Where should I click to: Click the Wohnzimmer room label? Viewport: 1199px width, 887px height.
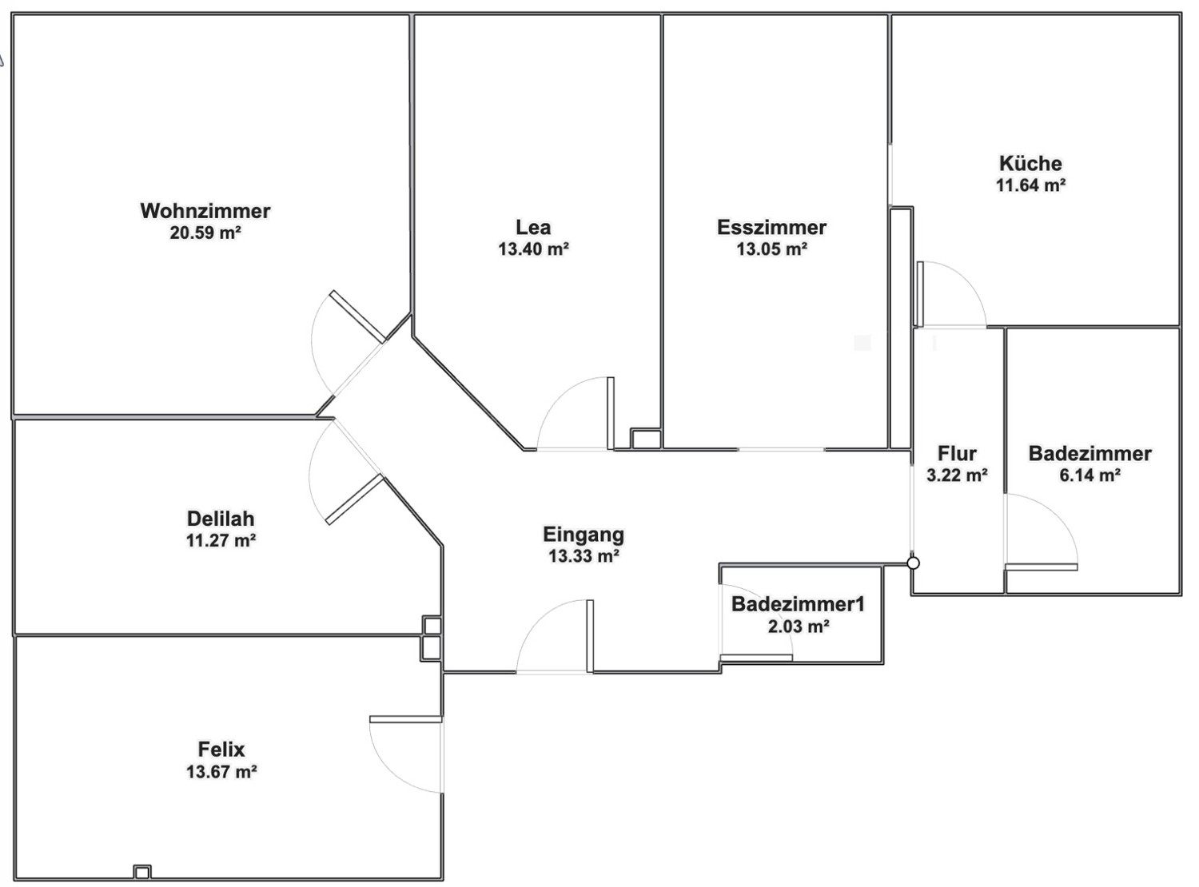[205, 211]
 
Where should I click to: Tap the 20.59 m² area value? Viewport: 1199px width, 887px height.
[205, 233]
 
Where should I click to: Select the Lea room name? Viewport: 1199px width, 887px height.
[533, 227]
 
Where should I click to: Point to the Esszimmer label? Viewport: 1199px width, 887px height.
[771, 227]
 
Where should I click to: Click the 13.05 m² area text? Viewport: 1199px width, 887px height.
[771, 249]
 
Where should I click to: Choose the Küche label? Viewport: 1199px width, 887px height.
[1030, 164]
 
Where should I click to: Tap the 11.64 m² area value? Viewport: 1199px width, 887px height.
[1030, 185]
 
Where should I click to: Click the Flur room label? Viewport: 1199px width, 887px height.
[957, 454]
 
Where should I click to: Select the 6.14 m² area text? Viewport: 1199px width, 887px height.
[1089, 475]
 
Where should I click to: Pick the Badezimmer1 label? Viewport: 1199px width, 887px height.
[798, 604]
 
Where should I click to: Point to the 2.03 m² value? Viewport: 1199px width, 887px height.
[798, 626]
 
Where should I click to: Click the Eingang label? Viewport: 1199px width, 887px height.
[584, 534]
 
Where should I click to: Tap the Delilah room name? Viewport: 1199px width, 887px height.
[221, 518]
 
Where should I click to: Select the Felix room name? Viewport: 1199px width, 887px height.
[221, 750]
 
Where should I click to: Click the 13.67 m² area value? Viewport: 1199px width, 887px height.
[221, 772]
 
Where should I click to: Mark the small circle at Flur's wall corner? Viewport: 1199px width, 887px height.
[914, 563]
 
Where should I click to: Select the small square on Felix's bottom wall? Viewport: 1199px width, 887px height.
[141, 872]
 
